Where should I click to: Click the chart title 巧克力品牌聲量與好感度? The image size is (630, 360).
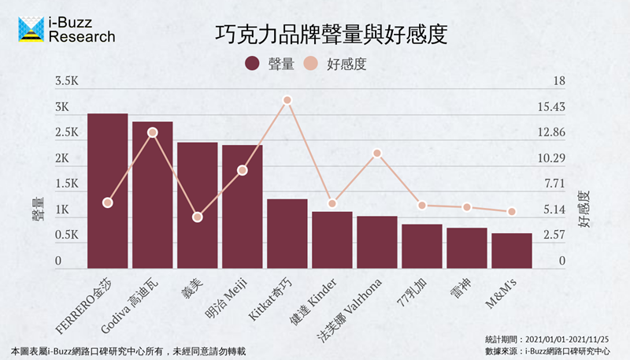point(331,35)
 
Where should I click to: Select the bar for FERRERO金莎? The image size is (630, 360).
point(107,189)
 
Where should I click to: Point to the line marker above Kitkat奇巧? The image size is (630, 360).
point(287,100)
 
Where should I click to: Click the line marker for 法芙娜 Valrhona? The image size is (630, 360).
point(377,153)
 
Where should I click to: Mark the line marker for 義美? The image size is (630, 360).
point(198,217)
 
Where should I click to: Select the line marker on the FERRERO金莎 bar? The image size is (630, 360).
point(108,202)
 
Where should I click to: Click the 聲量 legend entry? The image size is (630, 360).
point(270,64)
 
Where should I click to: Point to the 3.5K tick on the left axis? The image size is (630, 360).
point(66,81)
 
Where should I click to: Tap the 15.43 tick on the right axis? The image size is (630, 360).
point(553,107)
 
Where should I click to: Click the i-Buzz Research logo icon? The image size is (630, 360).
point(31,28)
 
